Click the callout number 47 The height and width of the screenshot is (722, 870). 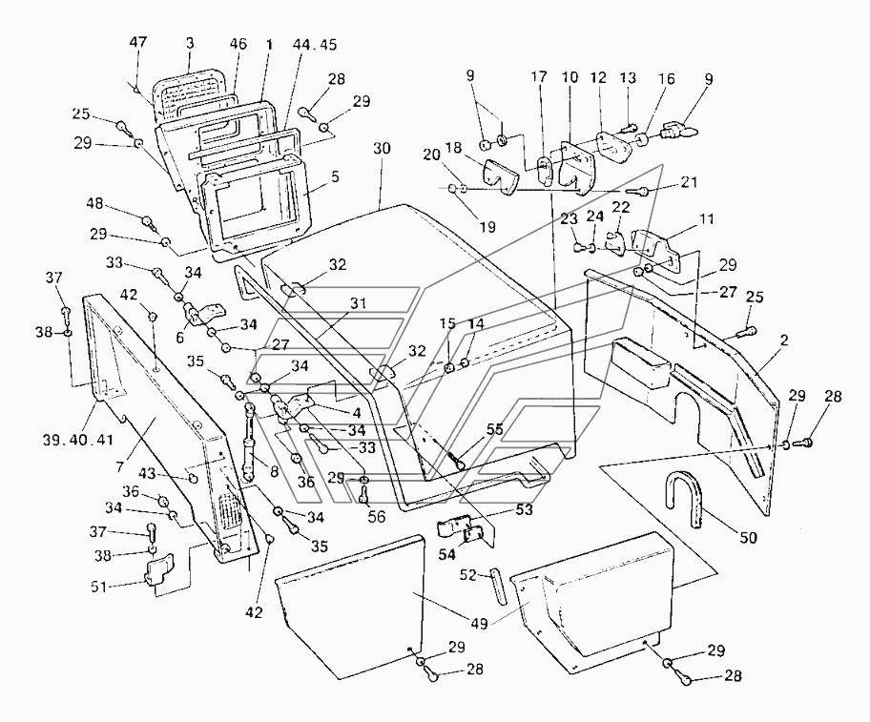138,43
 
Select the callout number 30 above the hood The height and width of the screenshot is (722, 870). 382,149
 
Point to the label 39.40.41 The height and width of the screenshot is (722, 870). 77,440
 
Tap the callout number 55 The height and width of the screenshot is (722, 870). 494,429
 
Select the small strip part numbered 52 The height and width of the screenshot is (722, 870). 498,586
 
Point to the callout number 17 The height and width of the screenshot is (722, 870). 539,76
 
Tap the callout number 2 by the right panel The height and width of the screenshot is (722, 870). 784,340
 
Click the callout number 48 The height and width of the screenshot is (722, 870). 94,204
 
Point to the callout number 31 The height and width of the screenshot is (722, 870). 358,304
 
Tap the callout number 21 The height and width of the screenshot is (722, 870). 688,182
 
